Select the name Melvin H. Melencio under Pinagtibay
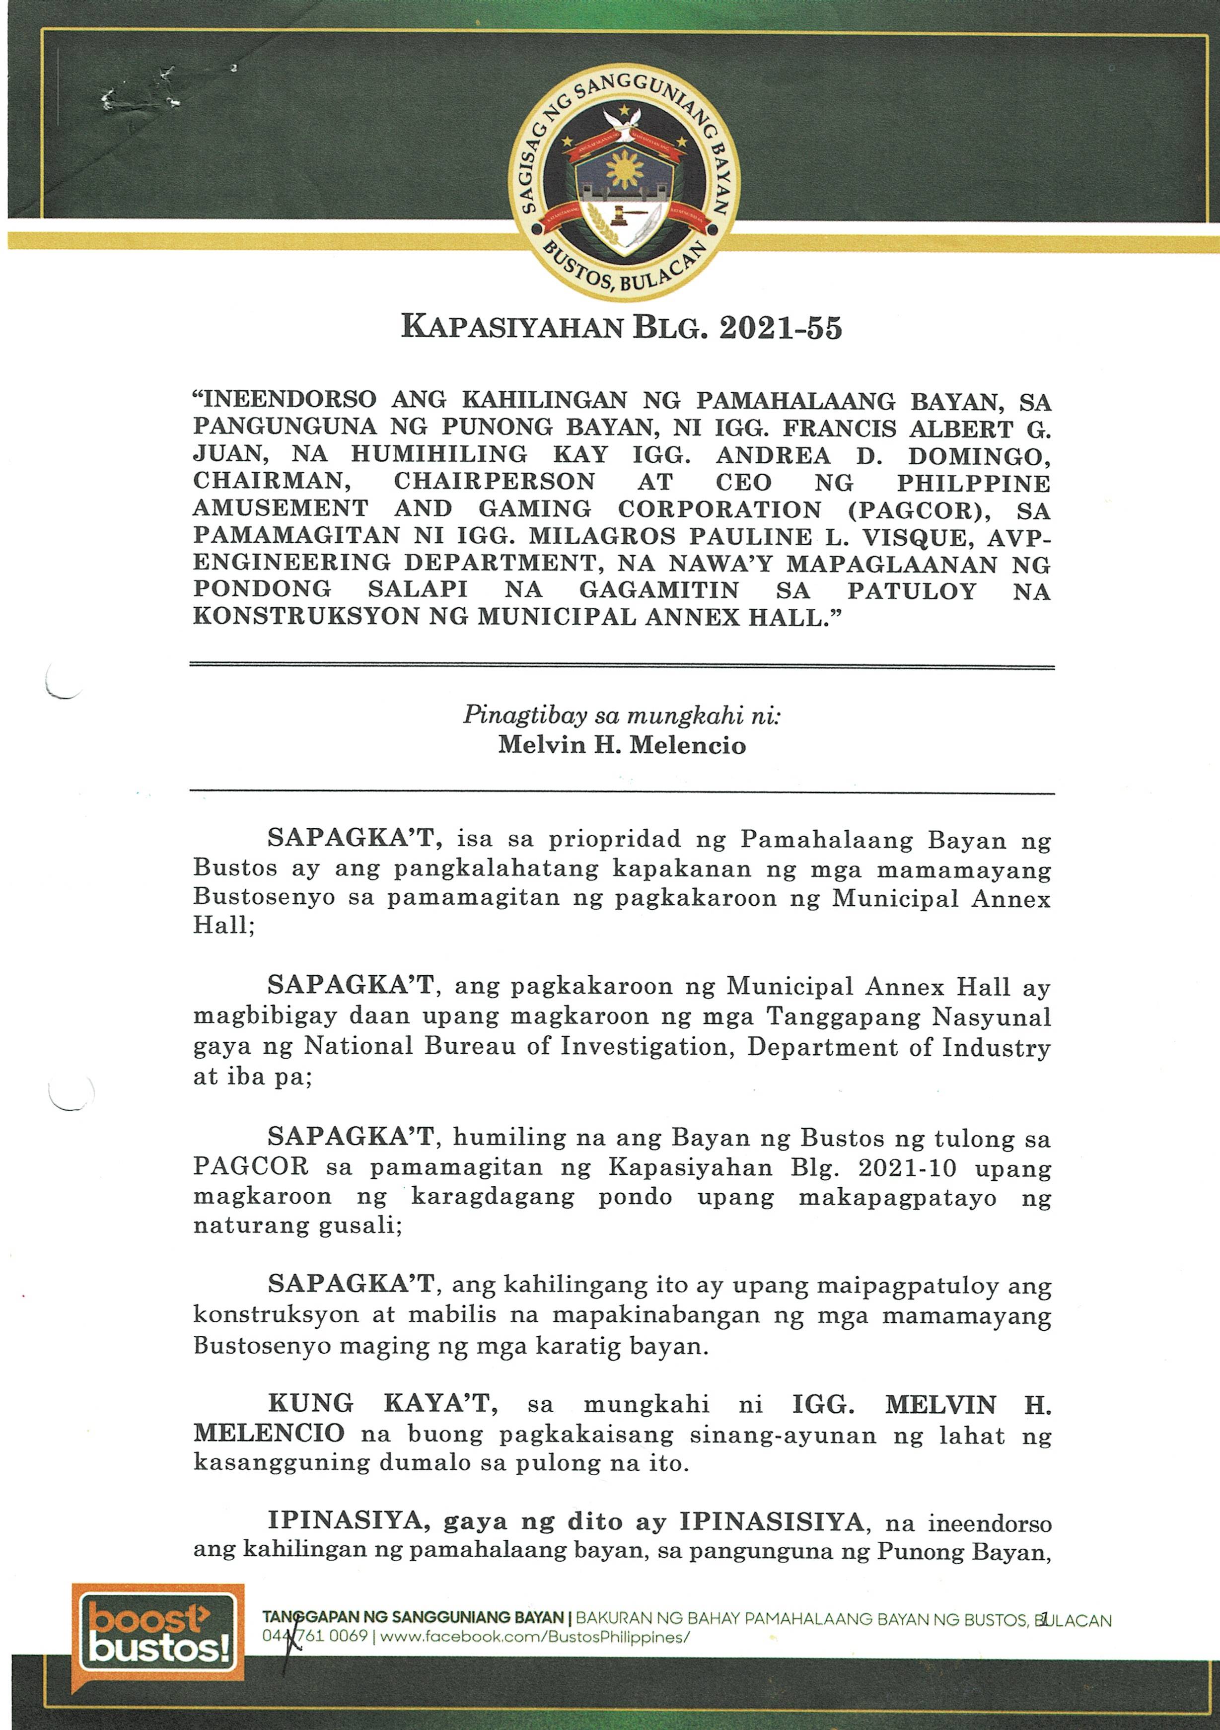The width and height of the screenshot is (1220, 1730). point(622,745)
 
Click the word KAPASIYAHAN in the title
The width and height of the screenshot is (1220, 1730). point(512,329)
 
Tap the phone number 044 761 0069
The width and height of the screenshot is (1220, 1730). point(315,1637)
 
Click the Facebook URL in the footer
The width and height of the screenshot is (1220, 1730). point(535,1637)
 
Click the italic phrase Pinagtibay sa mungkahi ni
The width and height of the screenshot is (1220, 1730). point(622,715)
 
